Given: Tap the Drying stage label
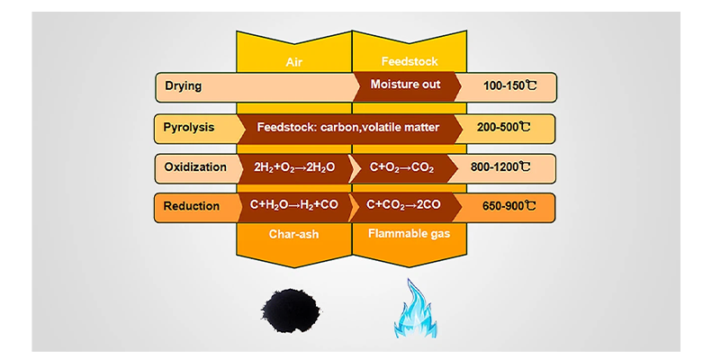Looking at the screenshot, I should pos(183,86).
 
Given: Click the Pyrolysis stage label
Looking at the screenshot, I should pos(189,127).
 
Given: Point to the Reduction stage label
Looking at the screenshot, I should pos(192,206).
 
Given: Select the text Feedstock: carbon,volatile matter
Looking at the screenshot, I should pos(347,127).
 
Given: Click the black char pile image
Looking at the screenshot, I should pos(291,310).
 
